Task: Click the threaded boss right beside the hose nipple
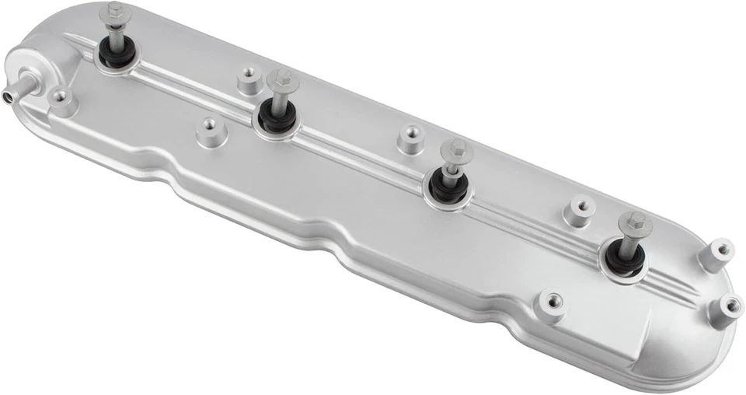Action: point(60,100)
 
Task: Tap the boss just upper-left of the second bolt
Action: point(248,79)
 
